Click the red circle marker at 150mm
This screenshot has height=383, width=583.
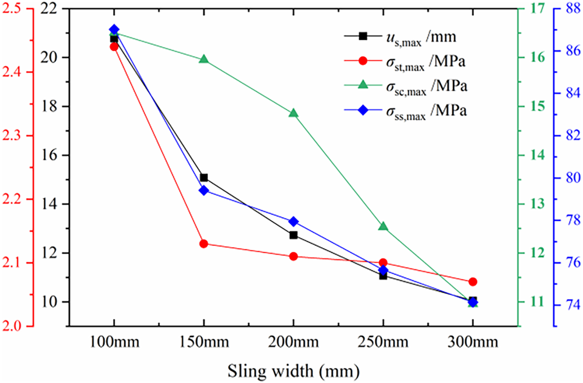pyautogui.click(x=203, y=244)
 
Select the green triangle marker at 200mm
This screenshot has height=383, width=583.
pyautogui.click(x=293, y=113)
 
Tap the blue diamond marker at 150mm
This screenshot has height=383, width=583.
pyautogui.click(x=203, y=191)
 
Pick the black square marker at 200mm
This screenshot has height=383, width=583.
pyautogui.click(x=293, y=235)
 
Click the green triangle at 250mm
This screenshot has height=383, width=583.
pyautogui.click(x=383, y=226)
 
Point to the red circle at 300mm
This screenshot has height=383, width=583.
pyautogui.click(x=472, y=282)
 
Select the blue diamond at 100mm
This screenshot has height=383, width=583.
pyautogui.click(x=114, y=30)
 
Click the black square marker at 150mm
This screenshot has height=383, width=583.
pyautogui.click(x=203, y=177)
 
